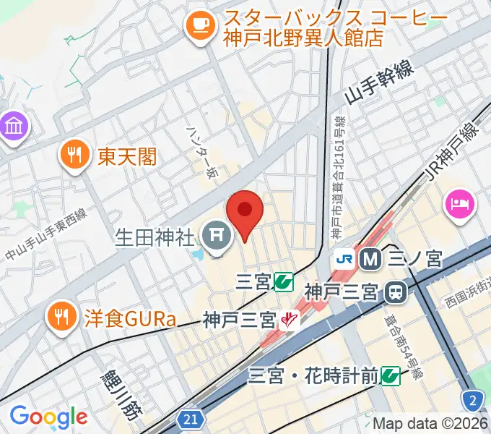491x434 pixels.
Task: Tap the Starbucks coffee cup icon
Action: click(200, 27)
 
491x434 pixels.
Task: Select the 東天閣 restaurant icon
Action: click(74, 153)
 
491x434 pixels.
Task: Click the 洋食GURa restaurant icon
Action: click(61, 315)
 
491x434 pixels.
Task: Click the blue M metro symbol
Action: click(371, 258)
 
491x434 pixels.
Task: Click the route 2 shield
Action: click(472, 399)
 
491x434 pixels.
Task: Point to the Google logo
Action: click(48, 417)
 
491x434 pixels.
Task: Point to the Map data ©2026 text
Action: click(430, 422)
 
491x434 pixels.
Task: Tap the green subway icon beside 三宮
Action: click(284, 281)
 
